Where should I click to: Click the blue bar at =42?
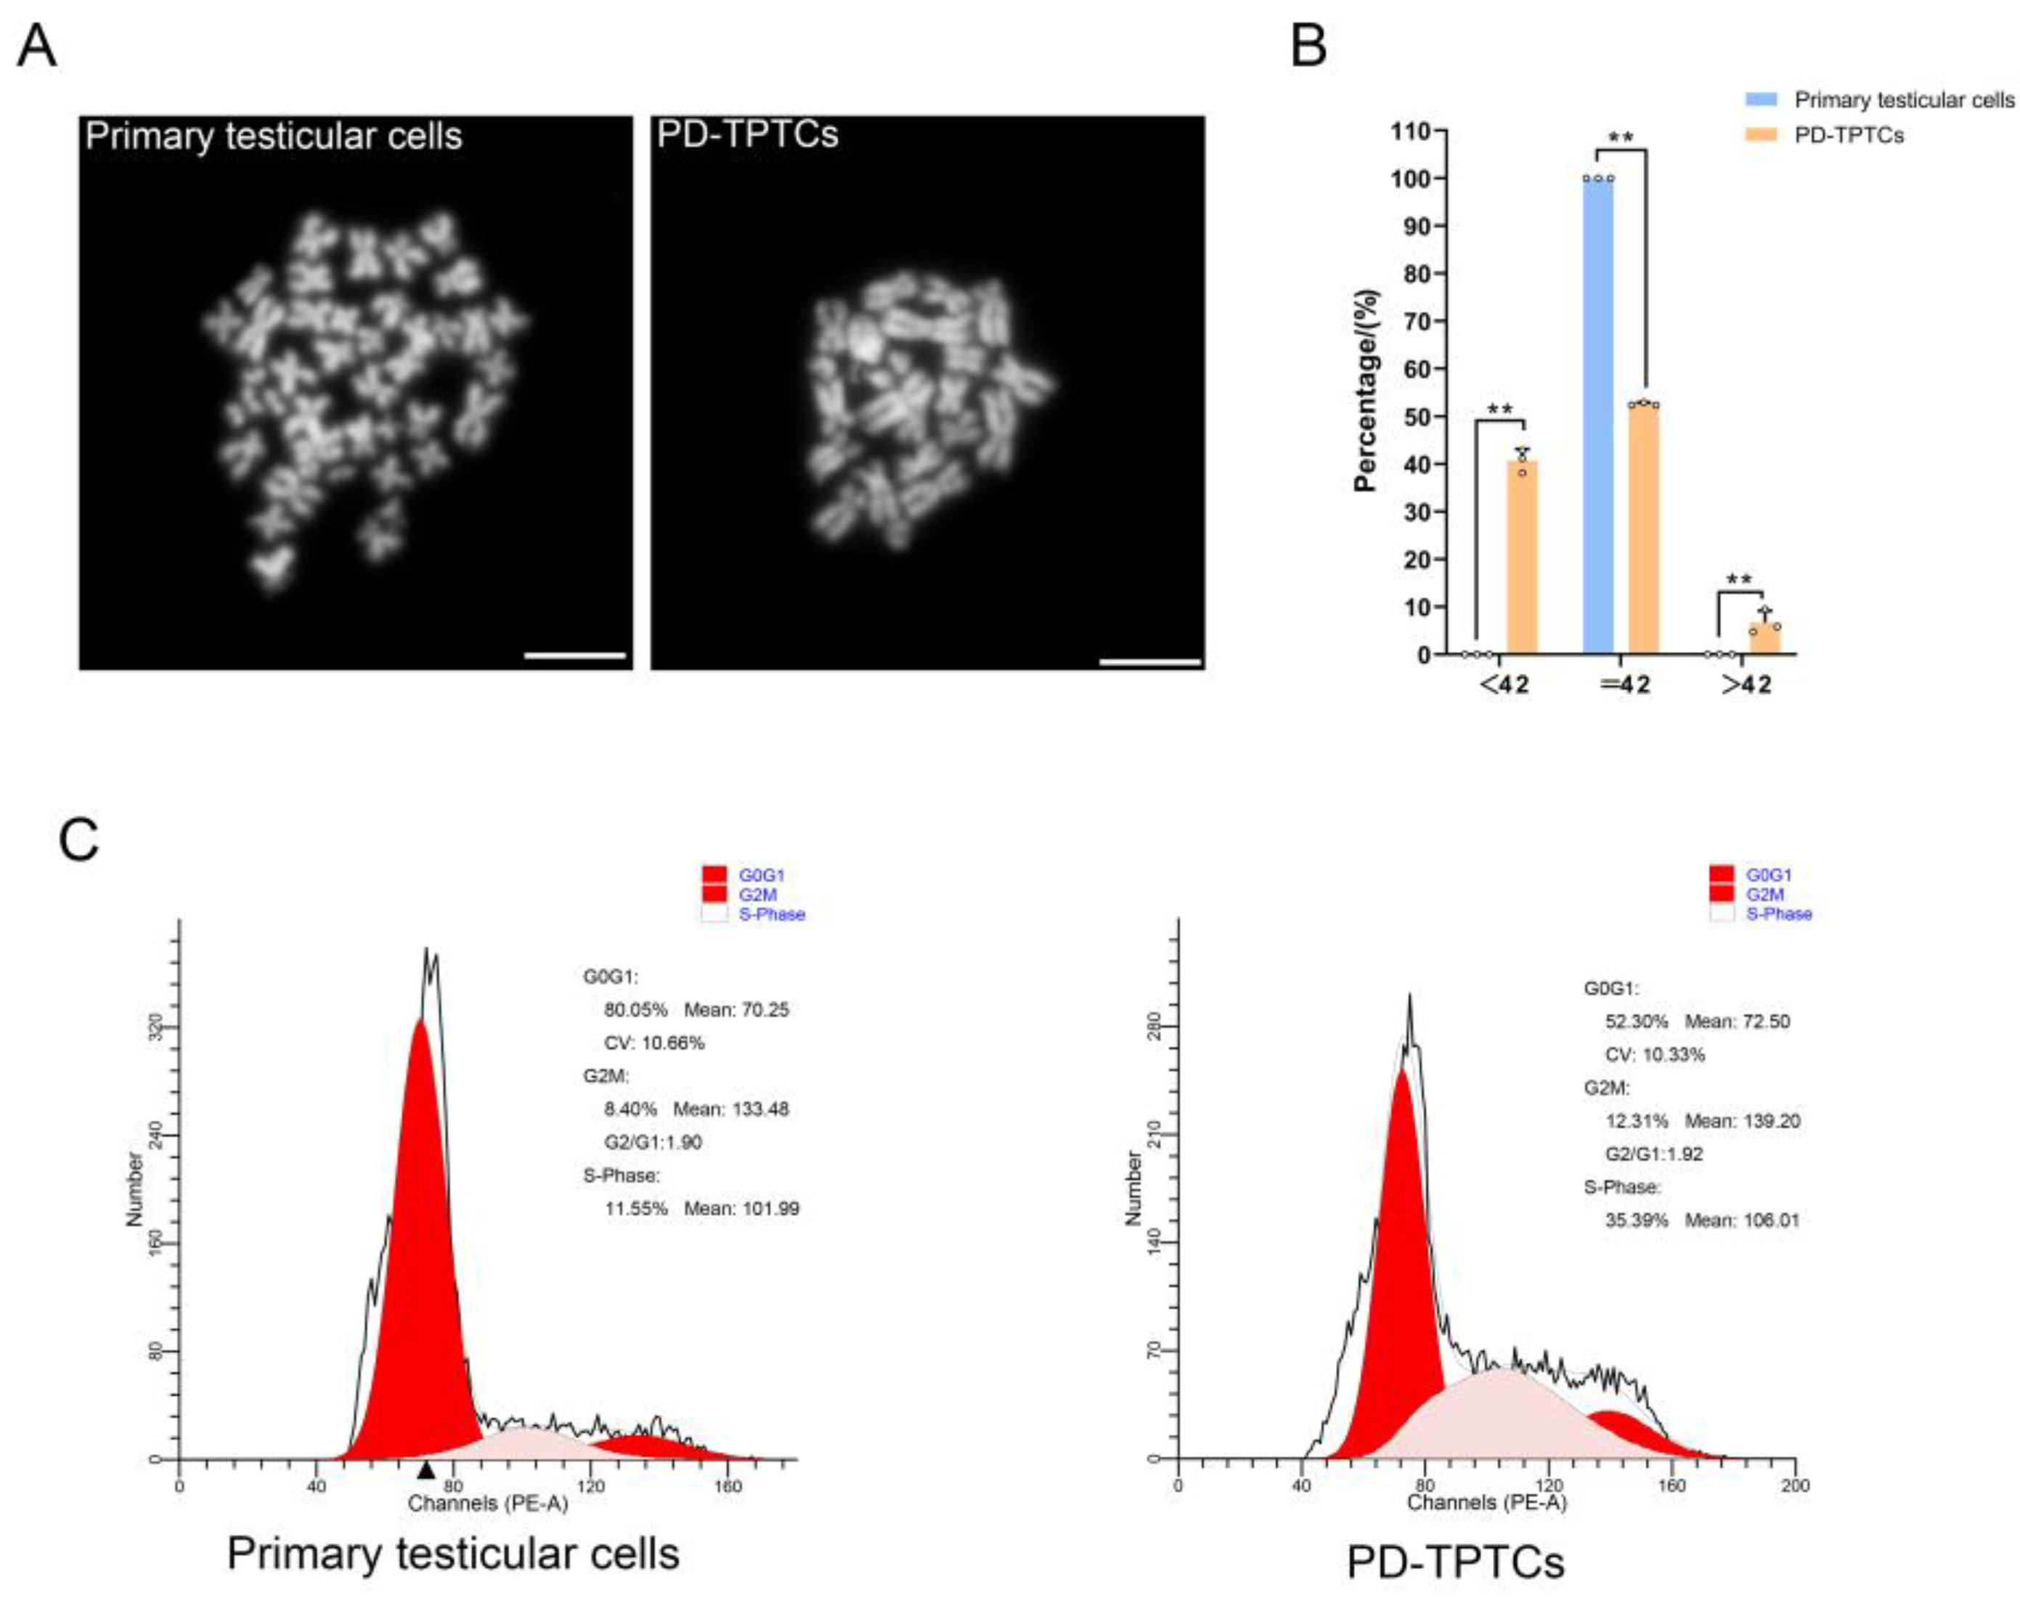[x=1597, y=417]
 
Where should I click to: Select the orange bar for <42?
[x=1522, y=558]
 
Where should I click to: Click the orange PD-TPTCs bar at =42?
[x=1643, y=529]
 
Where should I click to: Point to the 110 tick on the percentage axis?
[x=1417, y=131]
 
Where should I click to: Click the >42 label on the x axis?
[x=1746, y=685]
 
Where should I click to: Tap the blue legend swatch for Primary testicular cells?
[x=1761, y=99]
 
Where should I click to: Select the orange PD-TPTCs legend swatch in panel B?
[x=1761, y=135]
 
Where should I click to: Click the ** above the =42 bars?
[x=1621, y=139]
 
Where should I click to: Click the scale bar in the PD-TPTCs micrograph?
[x=1149, y=662]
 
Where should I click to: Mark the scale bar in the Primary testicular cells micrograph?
[x=574, y=656]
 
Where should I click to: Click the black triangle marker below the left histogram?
[x=426, y=1469]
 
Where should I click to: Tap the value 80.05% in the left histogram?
[x=635, y=1010]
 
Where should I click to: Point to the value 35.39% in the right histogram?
[x=1636, y=1220]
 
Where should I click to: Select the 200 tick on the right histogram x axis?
[x=1794, y=1485]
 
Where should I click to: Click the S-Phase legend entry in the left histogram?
[x=771, y=914]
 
